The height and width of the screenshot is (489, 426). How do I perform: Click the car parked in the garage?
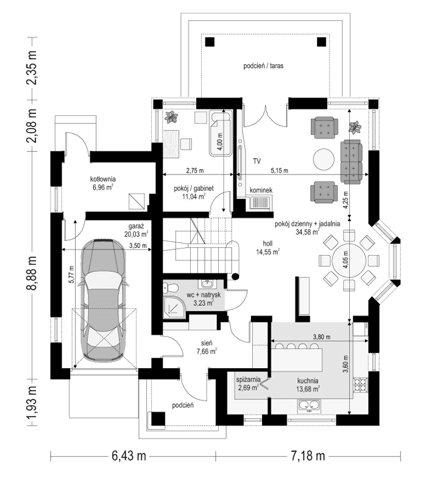pyautogui.click(x=104, y=300)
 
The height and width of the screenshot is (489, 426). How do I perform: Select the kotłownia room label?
pyautogui.click(x=102, y=183)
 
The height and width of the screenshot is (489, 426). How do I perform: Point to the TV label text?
pyautogui.click(x=257, y=161)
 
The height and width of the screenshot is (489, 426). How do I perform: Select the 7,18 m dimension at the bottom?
pyautogui.click(x=307, y=456)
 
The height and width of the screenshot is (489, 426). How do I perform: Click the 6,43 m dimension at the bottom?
pyautogui.click(x=128, y=456)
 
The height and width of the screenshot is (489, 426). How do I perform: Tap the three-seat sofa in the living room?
pyautogui.click(x=352, y=160)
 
